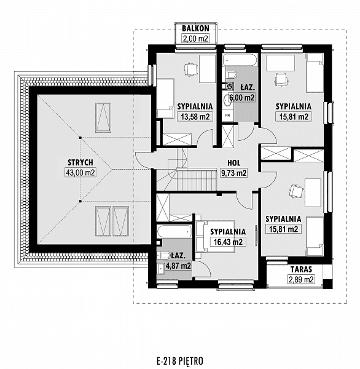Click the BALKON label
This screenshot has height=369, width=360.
pyautogui.click(x=195, y=28)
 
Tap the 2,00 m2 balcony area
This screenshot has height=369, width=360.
pyautogui.click(x=195, y=38)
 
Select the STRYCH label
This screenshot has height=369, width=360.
pyautogui.click(x=80, y=162)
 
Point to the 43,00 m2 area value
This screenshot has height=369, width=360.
pyautogui.click(x=80, y=173)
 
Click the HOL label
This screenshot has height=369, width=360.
pyautogui.click(x=234, y=163)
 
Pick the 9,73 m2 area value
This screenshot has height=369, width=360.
pyautogui.click(x=234, y=173)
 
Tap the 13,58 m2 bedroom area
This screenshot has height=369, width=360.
pyautogui.click(x=195, y=116)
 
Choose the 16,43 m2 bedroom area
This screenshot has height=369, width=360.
pyautogui.click(x=228, y=242)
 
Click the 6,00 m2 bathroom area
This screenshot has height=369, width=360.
pyautogui.click(x=242, y=97)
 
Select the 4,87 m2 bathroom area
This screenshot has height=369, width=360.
pyautogui.click(x=179, y=266)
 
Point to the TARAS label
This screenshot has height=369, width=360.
pyautogui.click(x=301, y=269)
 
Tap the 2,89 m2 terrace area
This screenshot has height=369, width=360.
pyautogui.click(x=301, y=279)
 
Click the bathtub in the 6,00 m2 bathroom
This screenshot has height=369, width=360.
pyautogui.click(x=240, y=60)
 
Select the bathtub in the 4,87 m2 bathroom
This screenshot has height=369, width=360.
pyautogui.click(x=174, y=231)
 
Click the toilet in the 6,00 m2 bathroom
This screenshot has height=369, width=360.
pyautogui.click(x=230, y=75)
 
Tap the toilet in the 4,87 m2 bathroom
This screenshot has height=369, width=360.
pyautogui.click(x=163, y=256)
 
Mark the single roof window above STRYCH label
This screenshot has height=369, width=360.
pyautogui.click(x=103, y=117)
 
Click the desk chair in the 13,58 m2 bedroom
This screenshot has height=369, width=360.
pyautogui.click(x=190, y=69)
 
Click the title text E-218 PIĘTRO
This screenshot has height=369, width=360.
pyautogui.click(x=180, y=360)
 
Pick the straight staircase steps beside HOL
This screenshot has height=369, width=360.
pyautogui.click(x=197, y=179)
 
